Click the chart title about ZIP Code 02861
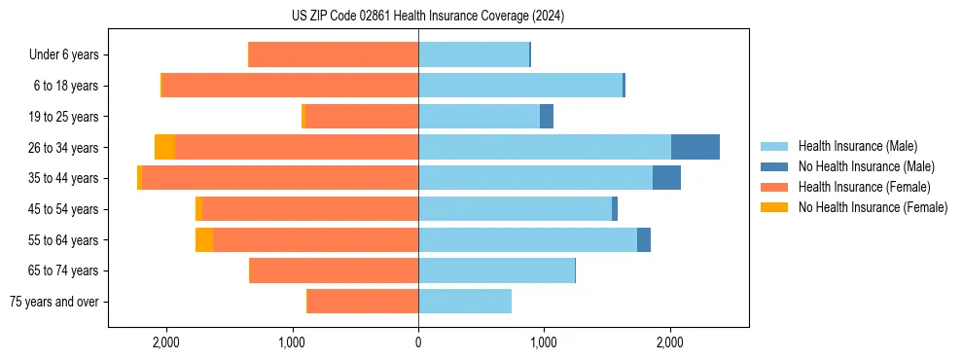[x=427, y=16]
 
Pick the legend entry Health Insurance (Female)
[x=864, y=187]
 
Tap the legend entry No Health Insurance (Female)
[x=873, y=207]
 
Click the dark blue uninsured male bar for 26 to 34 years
[x=695, y=147]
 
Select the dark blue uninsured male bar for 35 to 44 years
[x=666, y=178]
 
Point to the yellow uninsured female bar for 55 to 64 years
[x=204, y=239]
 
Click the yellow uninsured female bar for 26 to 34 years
[x=164, y=147]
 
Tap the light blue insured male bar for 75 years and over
[x=465, y=302]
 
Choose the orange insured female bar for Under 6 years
[x=334, y=54]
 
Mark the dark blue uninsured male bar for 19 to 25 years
[x=547, y=117]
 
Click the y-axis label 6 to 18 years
[x=66, y=86]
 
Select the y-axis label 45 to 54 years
[x=63, y=209]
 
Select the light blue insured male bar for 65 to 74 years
[x=496, y=270]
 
